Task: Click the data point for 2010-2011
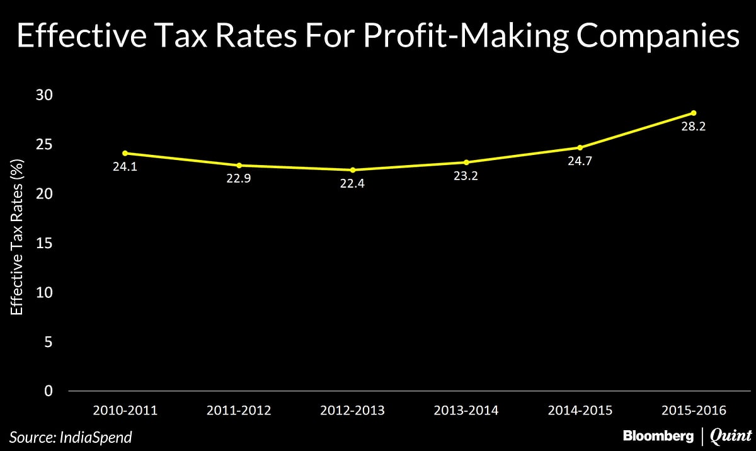coord(125,153)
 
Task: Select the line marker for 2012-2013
coord(353,170)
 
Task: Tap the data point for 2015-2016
coord(694,113)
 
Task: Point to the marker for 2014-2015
coord(580,147)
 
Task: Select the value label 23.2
coord(466,176)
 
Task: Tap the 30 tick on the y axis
coord(43,95)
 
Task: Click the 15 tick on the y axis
coord(43,243)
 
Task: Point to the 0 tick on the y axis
coord(49,391)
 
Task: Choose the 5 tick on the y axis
coord(49,342)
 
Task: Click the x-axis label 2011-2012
coord(239,411)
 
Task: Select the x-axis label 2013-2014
coord(466,411)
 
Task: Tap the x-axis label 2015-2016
coord(694,411)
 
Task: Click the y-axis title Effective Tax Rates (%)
coord(16,243)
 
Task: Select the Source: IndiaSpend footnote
coord(71,436)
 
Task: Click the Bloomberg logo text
coord(657,436)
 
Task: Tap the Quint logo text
coord(730,436)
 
